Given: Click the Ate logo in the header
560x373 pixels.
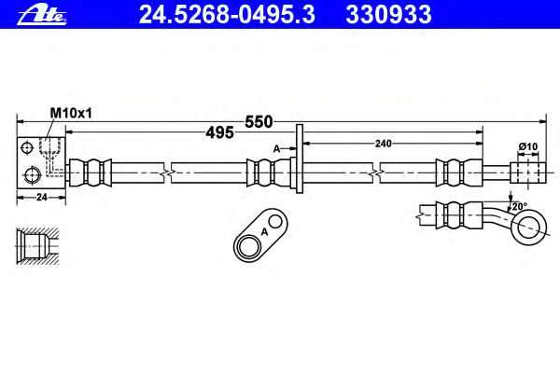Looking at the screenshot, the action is click(x=42, y=16).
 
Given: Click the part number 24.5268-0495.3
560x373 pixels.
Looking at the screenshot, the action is click(x=227, y=15).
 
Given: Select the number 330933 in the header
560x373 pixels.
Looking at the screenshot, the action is click(x=388, y=15).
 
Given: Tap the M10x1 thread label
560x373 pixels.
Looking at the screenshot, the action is click(x=71, y=113).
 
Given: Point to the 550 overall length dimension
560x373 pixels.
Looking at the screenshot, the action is click(x=259, y=122).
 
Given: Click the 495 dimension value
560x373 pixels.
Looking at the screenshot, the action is click(x=219, y=132).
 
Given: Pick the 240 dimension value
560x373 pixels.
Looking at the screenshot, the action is click(x=384, y=144).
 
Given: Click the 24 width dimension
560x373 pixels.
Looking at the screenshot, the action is click(x=42, y=197).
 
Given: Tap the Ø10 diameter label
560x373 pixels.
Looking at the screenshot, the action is click(x=528, y=146).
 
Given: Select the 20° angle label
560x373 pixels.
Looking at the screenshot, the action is click(x=520, y=206).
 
